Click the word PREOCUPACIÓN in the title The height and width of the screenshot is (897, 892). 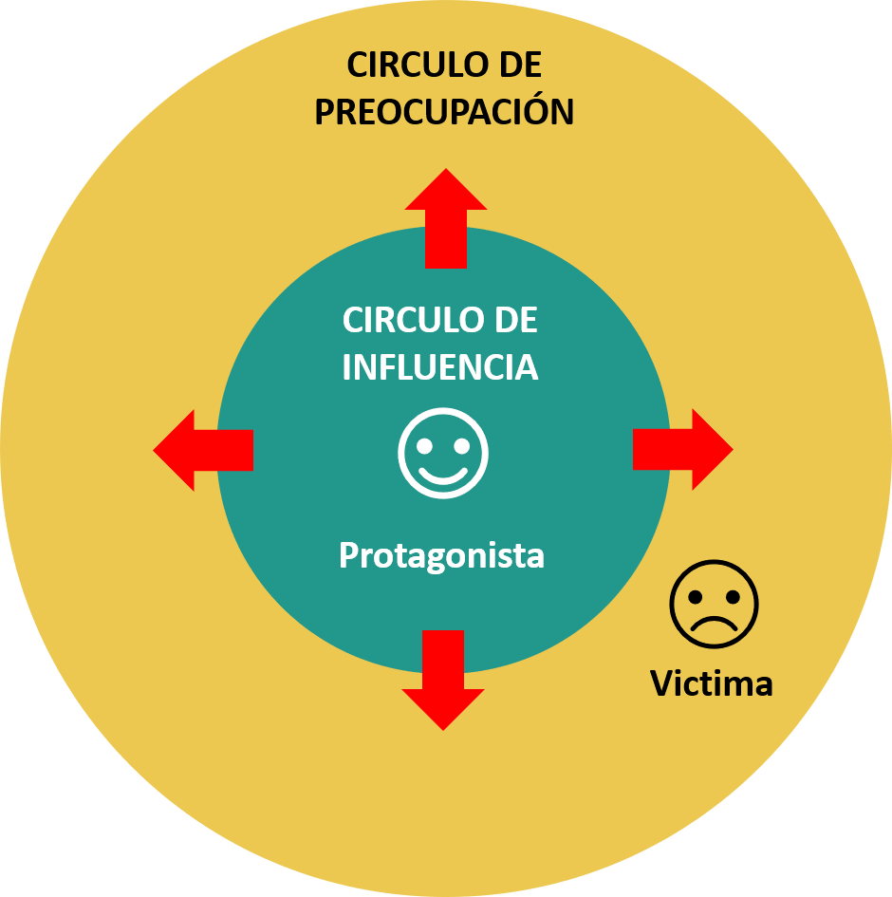click(444, 111)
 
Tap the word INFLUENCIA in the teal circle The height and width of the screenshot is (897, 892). click(440, 367)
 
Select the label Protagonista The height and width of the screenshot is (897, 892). click(441, 555)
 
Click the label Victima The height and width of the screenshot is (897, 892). click(712, 682)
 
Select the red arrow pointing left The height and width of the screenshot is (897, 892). click(204, 450)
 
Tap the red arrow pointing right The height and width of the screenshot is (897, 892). click(681, 449)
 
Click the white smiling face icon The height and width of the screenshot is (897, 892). click(443, 453)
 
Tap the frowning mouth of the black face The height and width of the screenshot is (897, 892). click(714, 623)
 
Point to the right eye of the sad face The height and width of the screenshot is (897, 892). click(732, 596)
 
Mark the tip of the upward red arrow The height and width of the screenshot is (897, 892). click(445, 172)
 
